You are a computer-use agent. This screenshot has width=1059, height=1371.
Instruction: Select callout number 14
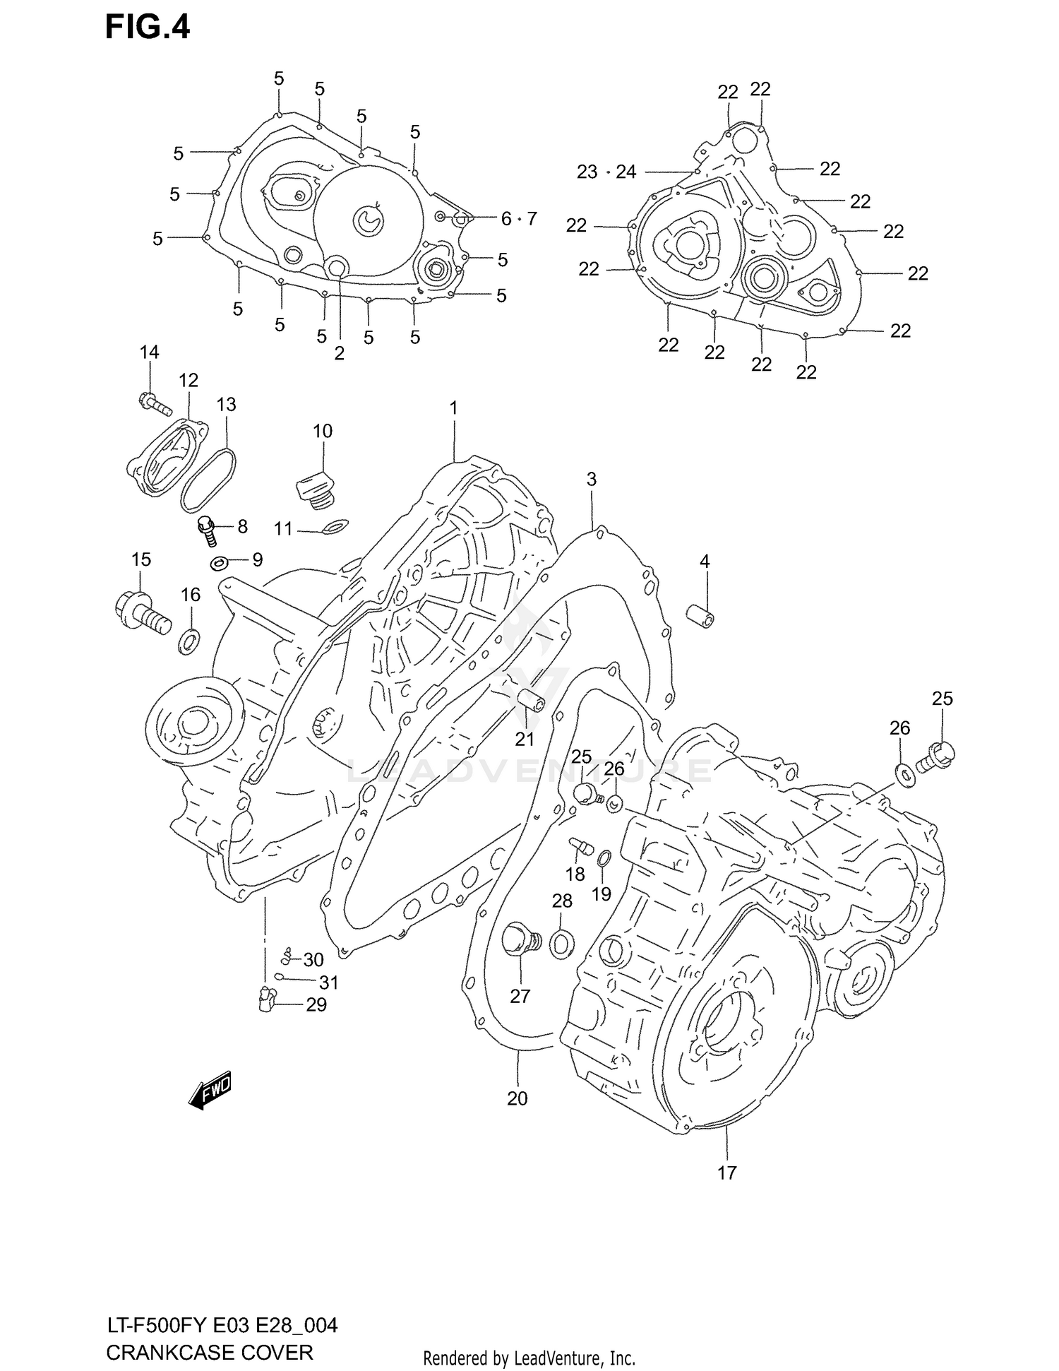tap(149, 352)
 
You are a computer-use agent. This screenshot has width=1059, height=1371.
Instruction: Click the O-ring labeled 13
tap(208, 478)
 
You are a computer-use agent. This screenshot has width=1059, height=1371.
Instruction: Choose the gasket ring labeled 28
tap(561, 944)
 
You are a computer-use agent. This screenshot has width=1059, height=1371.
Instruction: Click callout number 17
tap(726, 1173)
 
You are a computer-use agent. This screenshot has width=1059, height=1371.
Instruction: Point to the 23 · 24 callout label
tap(606, 172)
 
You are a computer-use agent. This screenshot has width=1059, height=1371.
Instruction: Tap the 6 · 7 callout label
tap(519, 219)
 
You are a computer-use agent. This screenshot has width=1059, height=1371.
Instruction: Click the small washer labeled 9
tap(218, 563)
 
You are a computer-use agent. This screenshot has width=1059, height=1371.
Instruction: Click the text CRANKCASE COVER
tap(209, 1353)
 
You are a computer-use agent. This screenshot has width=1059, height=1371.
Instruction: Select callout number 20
tap(517, 1098)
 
